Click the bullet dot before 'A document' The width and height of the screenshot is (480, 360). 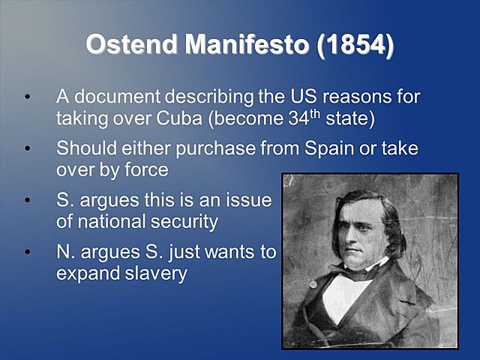[x=28, y=97]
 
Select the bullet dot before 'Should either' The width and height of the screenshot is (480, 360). [x=28, y=148]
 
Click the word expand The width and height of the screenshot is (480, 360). [x=85, y=274]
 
